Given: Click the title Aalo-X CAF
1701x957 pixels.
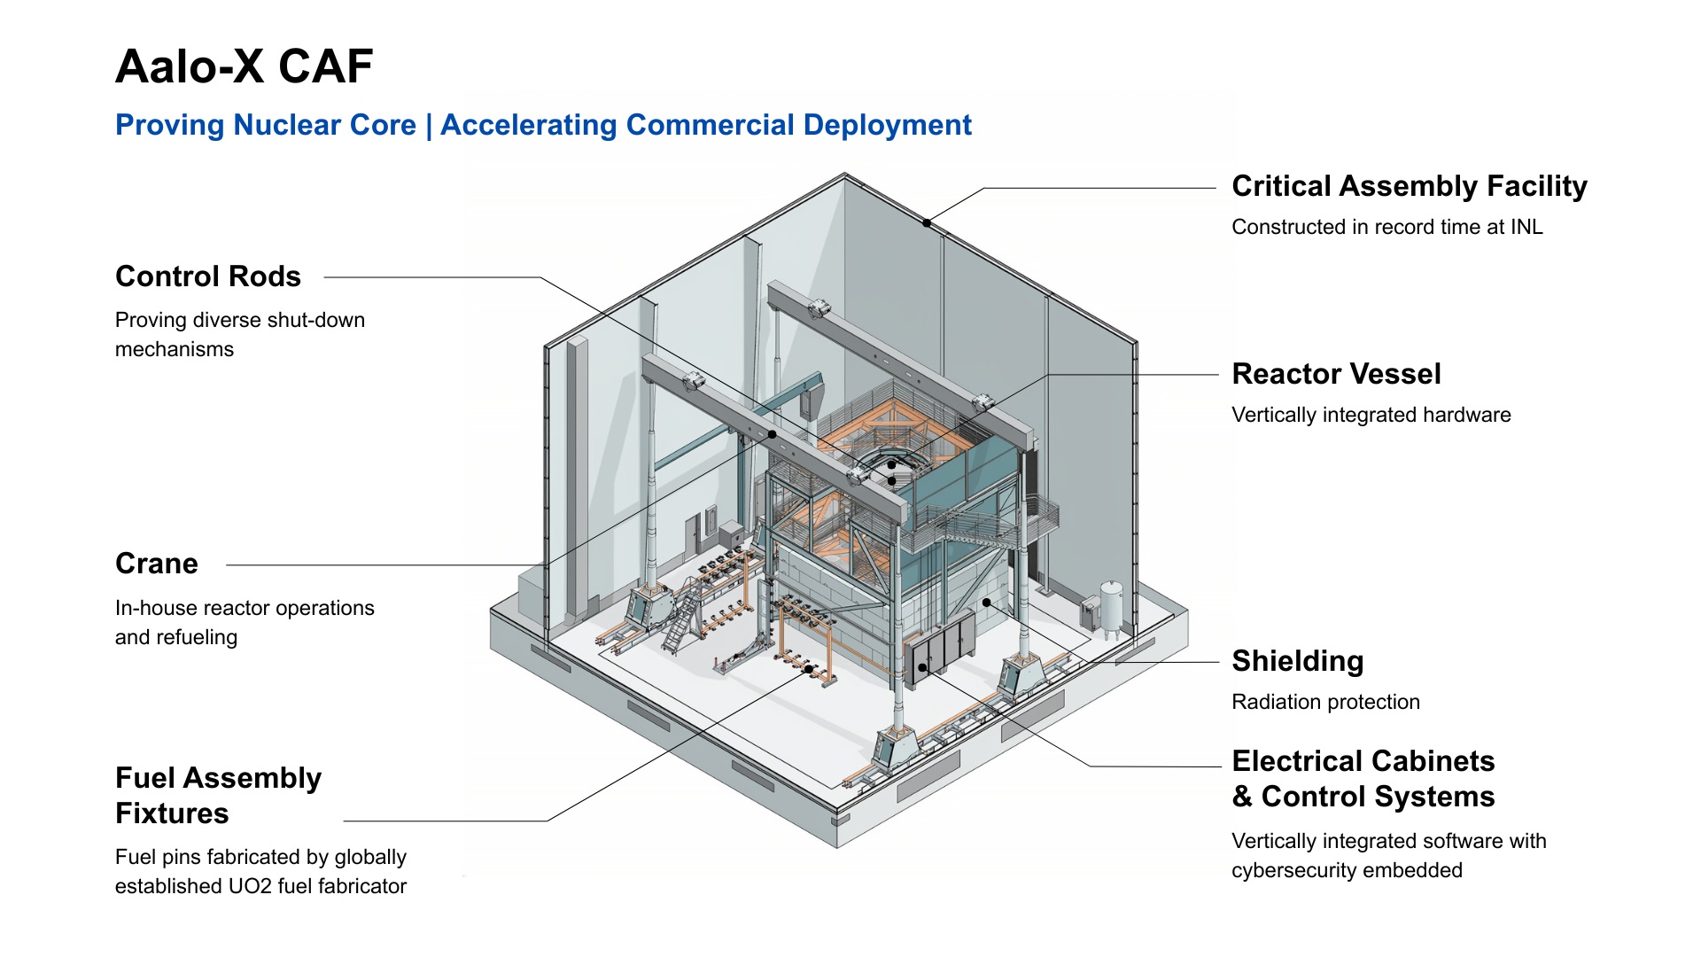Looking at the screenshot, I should click(x=244, y=66).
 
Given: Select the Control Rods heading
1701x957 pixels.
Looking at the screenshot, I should click(x=208, y=276).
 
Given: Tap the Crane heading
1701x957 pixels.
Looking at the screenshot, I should click(x=157, y=564).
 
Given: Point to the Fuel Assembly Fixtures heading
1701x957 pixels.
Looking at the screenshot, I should click(x=218, y=796).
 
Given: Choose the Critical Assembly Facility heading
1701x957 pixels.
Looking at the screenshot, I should click(x=1409, y=186).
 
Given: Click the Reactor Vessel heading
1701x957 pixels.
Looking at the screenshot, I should click(x=1336, y=374).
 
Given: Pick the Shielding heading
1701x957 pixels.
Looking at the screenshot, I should click(x=1297, y=661).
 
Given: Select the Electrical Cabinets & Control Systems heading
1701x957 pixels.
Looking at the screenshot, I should click(x=1363, y=779).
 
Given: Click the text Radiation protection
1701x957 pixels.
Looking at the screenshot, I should click(x=1325, y=702).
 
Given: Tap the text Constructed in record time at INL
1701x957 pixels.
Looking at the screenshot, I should click(x=1386, y=227).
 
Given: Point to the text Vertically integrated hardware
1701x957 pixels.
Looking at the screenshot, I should click(x=1371, y=415).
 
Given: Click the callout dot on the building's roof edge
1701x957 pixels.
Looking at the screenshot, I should click(x=927, y=223).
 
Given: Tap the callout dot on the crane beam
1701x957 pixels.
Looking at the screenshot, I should click(x=773, y=434).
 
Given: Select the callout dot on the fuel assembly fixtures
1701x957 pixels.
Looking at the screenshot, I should click(x=808, y=669).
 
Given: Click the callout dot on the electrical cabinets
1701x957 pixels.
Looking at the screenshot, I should click(x=922, y=667).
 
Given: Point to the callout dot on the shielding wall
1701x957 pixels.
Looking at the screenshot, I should click(x=986, y=603).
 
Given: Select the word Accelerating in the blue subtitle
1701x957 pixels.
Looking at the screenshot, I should click(x=529, y=125).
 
